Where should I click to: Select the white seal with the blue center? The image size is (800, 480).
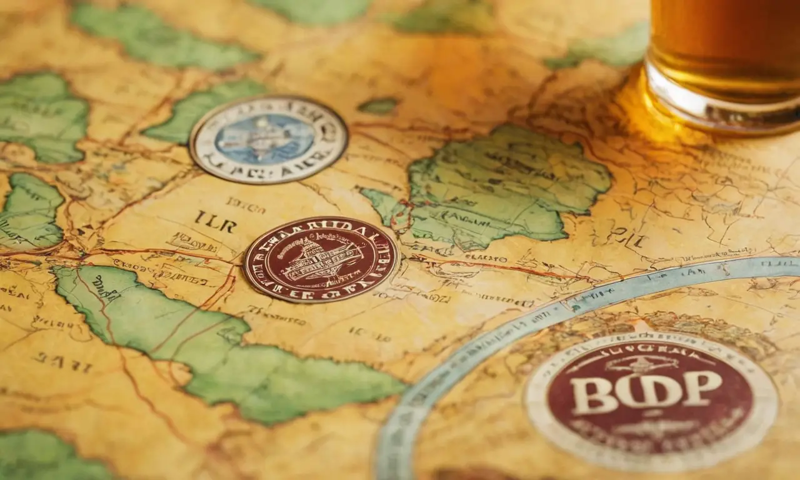point(269,139)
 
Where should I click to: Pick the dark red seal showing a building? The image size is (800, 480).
point(321,259)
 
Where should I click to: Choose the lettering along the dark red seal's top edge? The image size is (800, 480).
point(322,229)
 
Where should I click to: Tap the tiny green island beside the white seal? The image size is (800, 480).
point(377,106)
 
